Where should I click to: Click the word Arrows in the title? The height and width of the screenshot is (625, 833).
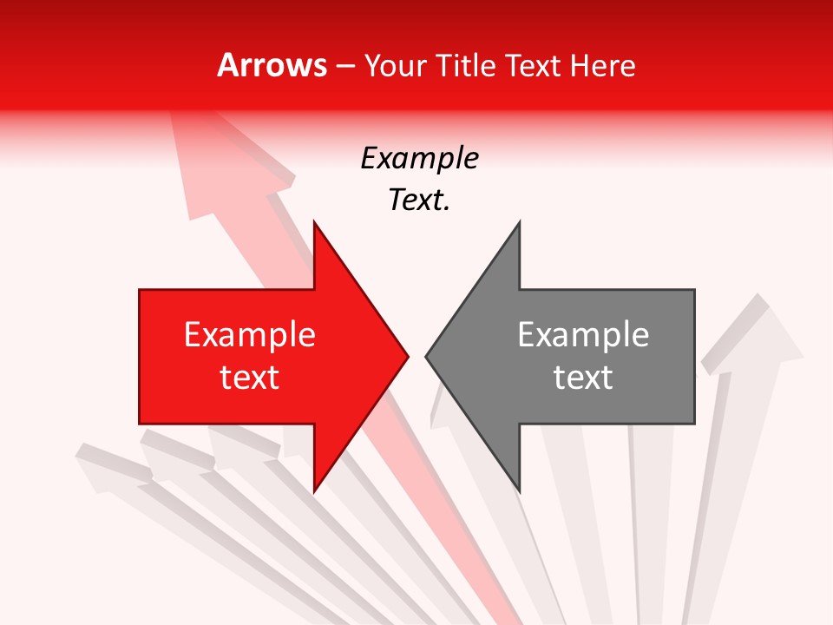272,65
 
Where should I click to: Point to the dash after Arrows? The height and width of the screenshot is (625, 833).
344,66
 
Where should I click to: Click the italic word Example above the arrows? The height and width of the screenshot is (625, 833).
419,159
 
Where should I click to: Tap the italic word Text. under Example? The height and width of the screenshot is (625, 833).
419,201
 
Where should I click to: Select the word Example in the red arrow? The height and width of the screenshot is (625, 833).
249,335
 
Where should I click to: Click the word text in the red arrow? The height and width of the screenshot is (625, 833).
249,378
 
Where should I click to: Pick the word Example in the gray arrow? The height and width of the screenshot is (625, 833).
583,335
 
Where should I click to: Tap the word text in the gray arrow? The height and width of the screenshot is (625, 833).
583,378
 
